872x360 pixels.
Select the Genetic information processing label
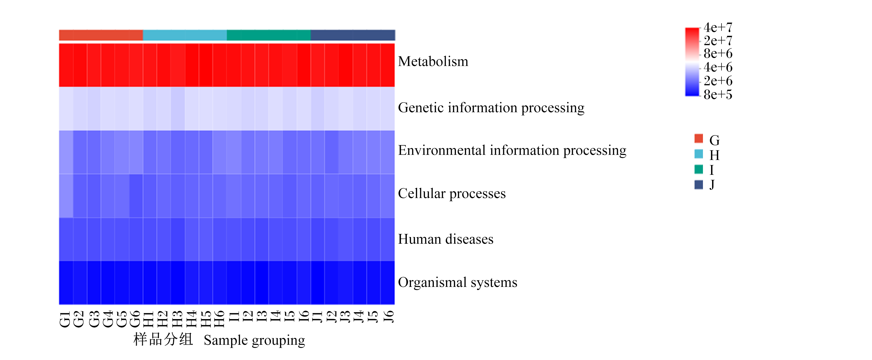[491, 108]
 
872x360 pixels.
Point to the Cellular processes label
[452, 194]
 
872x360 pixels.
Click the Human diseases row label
[446, 239]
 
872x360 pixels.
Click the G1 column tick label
[65, 320]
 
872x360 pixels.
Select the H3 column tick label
[177, 319]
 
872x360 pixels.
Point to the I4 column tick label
[275, 317]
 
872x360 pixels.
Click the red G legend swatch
[699, 138]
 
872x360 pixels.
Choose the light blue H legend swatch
[699, 154]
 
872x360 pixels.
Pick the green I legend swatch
[699, 169]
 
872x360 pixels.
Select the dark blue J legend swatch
[699, 184]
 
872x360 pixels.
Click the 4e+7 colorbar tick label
[718, 27]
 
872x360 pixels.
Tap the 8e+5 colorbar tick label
[718, 95]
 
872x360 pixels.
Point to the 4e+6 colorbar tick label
[718, 67]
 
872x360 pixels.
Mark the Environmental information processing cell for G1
[66, 152]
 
